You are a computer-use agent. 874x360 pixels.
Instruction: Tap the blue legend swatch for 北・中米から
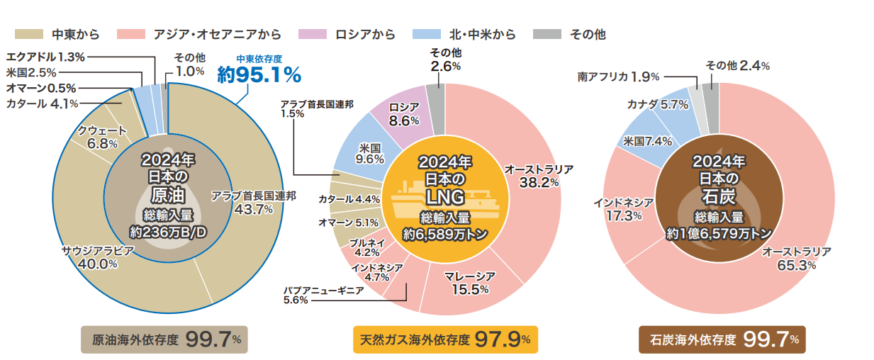(x=429, y=34)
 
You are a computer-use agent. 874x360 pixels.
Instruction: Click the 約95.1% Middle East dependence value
(x=259, y=74)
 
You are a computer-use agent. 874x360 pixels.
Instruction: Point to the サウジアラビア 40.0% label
(x=89, y=257)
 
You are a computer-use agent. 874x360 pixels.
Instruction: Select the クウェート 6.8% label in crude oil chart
(x=102, y=137)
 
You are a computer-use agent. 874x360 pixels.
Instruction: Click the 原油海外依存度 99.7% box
(x=161, y=339)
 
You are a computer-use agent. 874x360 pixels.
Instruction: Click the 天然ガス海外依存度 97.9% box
(x=444, y=339)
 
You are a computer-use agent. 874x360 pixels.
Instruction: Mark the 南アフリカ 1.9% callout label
(x=619, y=76)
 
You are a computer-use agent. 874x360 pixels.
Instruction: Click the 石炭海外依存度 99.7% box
(x=722, y=339)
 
